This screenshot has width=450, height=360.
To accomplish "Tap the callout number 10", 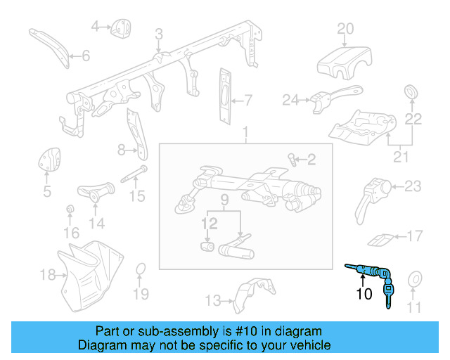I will (x=364, y=294).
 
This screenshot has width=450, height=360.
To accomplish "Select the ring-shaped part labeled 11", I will (x=414, y=278).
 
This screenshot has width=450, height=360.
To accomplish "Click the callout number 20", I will (x=345, y=29).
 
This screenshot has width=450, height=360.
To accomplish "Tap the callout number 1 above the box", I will (x=245, y=131).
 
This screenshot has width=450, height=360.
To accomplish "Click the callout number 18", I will (x=47, y=274).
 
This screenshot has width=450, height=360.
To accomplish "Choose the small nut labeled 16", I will (x=70, y=210).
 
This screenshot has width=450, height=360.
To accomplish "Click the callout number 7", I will (x=247, y=99).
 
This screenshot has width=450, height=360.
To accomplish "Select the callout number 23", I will (x=413, y=186).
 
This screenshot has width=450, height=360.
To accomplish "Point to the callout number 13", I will (x=213, y=301).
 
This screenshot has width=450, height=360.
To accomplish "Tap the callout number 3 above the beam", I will (x=159, y=34).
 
